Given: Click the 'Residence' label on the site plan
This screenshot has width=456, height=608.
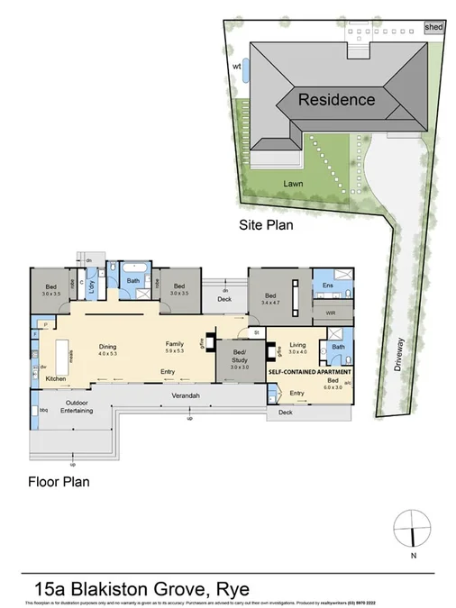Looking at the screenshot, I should tap(336, 99).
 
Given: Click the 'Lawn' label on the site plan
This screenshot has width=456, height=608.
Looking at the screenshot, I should tap(290, 182).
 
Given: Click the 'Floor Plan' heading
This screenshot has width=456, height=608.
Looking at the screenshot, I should tap(58, 481).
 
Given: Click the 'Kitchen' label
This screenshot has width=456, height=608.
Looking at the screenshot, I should tap(57, 379).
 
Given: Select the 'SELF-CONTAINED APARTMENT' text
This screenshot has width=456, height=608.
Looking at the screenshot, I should tap(309, 371).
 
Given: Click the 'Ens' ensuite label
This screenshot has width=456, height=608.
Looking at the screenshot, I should tap(327, 287).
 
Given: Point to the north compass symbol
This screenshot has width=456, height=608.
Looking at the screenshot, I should tap(413, 529).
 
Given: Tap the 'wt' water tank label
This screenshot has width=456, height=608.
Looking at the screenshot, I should tap(237, 65).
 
